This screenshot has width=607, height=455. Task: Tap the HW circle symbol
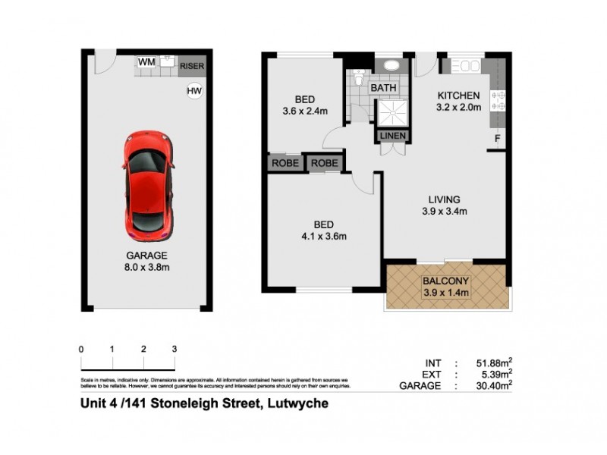point(195,92)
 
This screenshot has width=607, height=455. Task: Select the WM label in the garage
point(147,62)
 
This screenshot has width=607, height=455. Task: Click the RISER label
point(192,67)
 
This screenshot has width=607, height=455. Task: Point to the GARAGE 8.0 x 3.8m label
point(147,261)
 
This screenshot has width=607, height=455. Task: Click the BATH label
point(383,89)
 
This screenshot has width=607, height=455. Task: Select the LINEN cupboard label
point(394,136)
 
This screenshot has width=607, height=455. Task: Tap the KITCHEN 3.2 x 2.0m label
point(458,101)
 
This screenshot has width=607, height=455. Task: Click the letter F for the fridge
point(498,139)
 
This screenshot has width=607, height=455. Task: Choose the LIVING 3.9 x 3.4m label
point(441,206)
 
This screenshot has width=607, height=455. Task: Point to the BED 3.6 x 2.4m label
point(305,105)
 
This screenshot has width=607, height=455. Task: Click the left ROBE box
point(285,163)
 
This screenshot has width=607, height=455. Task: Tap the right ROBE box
point(324,163)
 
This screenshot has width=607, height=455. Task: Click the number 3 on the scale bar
point(175,349)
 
